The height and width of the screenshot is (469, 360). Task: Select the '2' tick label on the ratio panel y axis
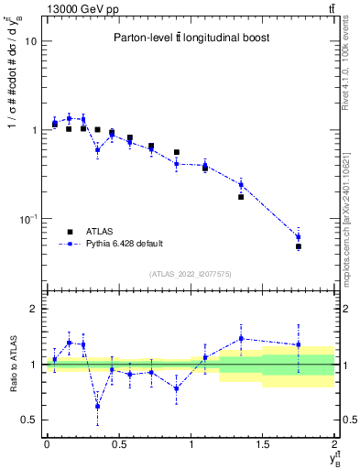(34, 309)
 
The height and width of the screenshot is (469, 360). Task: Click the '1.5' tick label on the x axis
(263, 445)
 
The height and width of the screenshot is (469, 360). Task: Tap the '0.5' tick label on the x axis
(118, 445)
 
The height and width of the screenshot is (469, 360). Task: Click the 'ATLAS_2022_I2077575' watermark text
(190, 274)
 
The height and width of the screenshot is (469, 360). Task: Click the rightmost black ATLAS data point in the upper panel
(299, 246)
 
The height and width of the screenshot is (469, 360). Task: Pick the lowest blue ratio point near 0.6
(97, 406)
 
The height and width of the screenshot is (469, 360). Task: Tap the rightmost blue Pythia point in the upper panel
(299, 237)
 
